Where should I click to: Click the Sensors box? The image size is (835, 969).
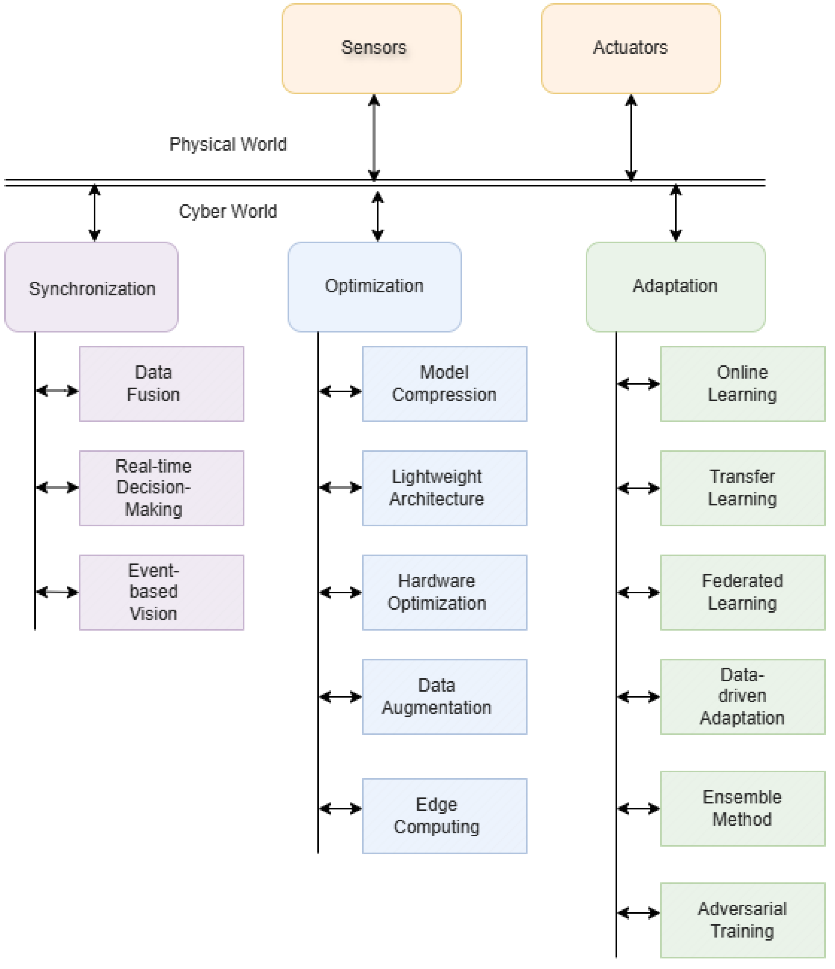coord(372,48)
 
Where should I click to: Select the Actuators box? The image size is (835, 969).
coord(631,48)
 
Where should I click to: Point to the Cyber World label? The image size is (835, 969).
coord(228,211)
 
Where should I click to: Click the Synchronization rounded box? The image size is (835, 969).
coord(91,287)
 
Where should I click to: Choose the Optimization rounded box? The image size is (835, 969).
coord(374,287)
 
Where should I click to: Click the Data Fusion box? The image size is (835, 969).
coord(161,384)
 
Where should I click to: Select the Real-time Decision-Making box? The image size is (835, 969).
coord(161,488)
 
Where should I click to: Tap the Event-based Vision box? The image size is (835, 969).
coord(161,592)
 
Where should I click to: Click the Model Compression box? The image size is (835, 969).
coord(444,384)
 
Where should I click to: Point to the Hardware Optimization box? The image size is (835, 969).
coord(444,592)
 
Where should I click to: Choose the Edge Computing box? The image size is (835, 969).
coord(444,816)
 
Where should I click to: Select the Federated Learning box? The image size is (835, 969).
coord(742,592)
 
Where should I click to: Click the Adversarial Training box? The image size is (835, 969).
coord(742,920)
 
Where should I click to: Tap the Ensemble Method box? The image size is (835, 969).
coord(742,809)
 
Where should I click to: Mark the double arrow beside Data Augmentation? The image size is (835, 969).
coord(340,697)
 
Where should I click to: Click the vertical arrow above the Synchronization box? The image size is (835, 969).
coord(95,213)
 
